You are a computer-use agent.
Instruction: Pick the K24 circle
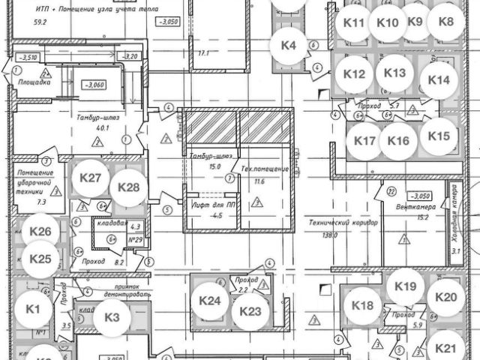[209, 301]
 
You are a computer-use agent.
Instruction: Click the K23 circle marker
[250, 312]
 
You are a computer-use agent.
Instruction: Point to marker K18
[362, 305]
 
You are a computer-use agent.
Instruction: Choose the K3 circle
[112, 317]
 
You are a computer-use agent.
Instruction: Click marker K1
[32, 307]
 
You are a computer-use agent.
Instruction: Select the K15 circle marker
[439, 136]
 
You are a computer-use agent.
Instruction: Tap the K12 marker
[354, 73]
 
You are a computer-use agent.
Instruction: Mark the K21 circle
[445, 348]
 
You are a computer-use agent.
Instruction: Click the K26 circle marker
[40, 231]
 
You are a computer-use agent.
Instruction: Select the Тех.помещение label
[264, 169]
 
